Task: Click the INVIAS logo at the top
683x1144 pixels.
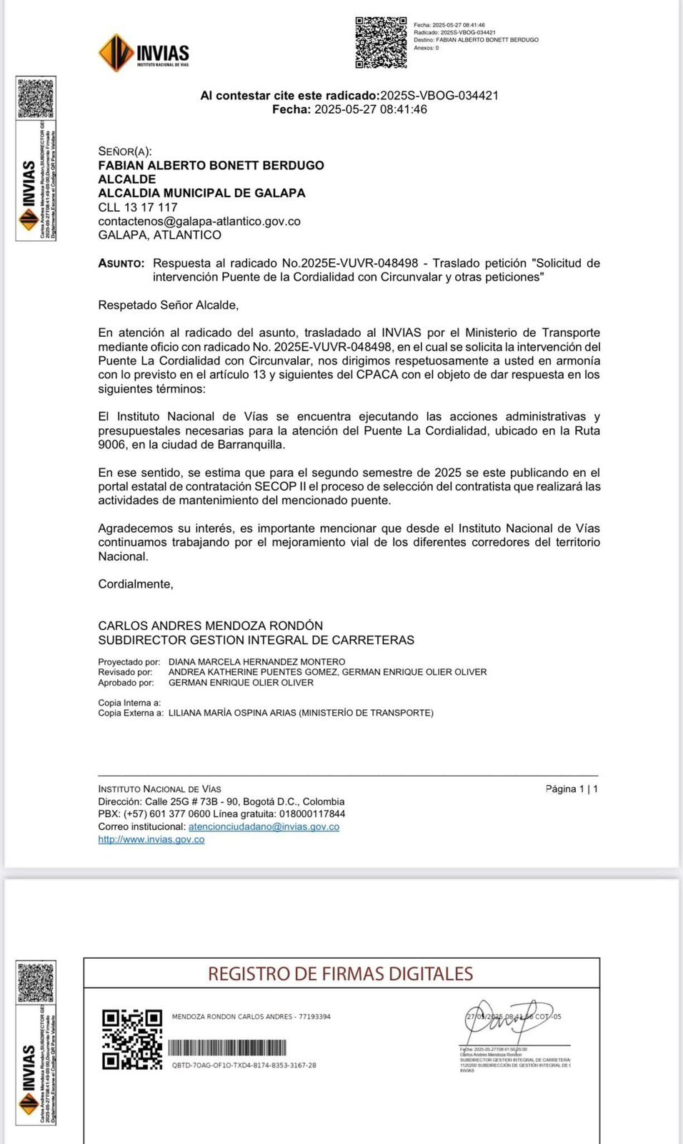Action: (144, 52)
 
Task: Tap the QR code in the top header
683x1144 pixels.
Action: (381, 43)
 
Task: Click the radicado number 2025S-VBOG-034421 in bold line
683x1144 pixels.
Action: (439, 95)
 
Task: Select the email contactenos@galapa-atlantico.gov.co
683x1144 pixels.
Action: (199, 221)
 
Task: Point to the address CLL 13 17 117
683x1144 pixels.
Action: (138, 207)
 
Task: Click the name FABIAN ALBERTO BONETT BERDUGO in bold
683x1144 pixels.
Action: (211, 165)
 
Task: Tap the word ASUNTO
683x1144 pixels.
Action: (121, 263)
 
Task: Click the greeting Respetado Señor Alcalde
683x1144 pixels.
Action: (169, 305)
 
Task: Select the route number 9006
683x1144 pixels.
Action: (111, 445)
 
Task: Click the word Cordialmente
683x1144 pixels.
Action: (136, 584)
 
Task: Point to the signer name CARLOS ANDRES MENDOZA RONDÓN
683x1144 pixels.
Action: (211, 626)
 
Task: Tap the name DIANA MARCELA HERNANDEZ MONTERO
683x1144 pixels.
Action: (256, 662)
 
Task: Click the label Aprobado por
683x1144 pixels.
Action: (126, 683)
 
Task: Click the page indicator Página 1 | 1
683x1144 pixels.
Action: (572, 789)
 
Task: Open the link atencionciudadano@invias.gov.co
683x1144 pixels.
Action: (264, 827)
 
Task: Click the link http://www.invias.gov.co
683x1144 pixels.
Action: (151, 839)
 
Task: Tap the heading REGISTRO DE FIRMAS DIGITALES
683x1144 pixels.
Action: (341, 974)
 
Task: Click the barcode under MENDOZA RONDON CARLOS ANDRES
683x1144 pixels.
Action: (227, 1048)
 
